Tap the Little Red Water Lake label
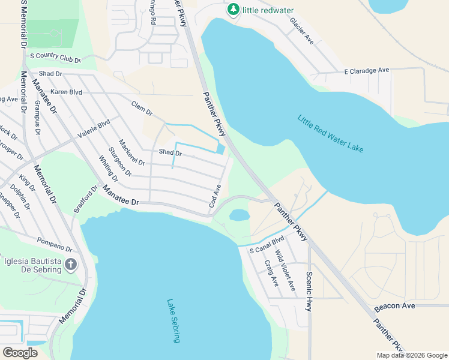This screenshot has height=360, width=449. coord(330,133)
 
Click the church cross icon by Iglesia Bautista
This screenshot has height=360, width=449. coord(71,265)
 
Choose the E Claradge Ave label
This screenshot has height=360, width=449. coord(367,70)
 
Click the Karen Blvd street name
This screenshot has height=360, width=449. coord(66,92)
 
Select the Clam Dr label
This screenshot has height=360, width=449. coord(142,109)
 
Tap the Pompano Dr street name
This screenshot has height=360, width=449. coord(54,245)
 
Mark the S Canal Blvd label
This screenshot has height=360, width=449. coord(267,244)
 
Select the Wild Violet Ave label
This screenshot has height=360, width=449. coord(285,271)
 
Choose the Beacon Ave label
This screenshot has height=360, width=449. coord(394,306)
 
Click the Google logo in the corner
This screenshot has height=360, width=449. coord(20,353)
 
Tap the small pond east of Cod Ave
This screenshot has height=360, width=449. coord(240,214)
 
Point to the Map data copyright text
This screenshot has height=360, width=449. coord(411,355)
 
